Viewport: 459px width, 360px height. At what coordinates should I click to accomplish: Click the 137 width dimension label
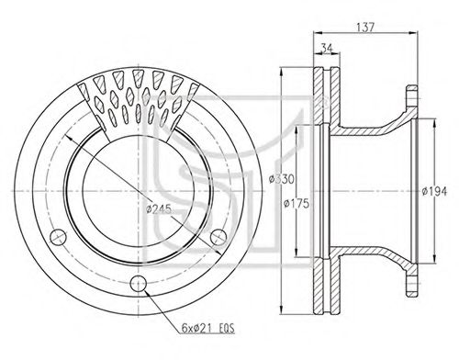click(x=365, y=27)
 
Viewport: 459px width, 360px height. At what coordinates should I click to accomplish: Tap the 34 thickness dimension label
click(x=326, y=48)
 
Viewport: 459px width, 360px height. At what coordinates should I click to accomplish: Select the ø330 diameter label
click(x=281, y=179)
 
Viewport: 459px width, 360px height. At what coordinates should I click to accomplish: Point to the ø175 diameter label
click(x=297, y=204)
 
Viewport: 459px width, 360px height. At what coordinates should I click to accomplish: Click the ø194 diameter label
click(x=434, y=192)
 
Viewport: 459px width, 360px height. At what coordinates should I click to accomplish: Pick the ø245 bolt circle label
click(x=159, y=209)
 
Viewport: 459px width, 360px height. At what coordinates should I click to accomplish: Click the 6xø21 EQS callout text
click(x=208, y=329)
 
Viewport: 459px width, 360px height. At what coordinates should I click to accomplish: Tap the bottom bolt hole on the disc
click(x=139, y=284)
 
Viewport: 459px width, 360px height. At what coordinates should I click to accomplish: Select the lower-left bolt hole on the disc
click(x=58, y=237)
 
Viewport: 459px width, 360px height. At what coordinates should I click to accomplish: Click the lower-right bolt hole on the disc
click(x=218, y=237)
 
